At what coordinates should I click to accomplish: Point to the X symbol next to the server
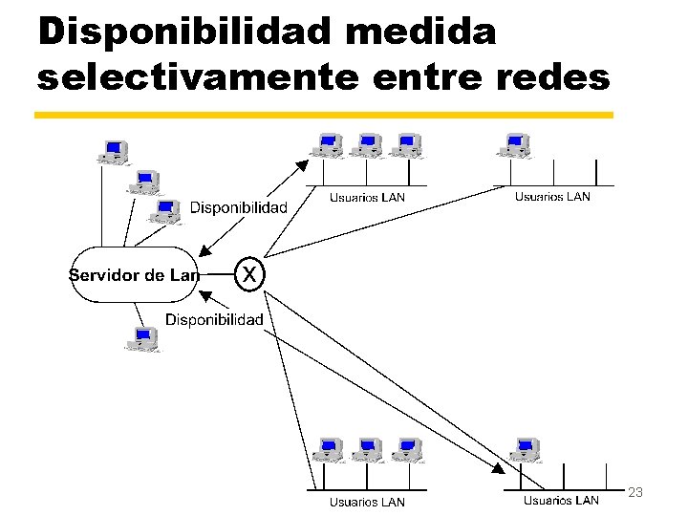point(249,274)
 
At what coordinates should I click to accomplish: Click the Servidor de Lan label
point(133,275)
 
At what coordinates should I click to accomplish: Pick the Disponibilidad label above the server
point(238,207)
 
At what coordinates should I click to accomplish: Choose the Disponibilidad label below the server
point(214,319)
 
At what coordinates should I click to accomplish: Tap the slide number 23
point(635,491)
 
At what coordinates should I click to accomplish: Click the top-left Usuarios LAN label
point(367,198)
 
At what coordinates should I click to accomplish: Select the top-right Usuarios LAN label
point(552,197)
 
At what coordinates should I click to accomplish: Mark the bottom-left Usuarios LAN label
point(367,502)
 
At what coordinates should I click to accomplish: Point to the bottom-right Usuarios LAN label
point(561,500)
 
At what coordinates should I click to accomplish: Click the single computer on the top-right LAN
point(517,145)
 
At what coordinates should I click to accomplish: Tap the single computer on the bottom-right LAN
point(525,449)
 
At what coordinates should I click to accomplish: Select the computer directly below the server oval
point(143,338)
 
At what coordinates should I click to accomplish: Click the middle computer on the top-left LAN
point(368,145)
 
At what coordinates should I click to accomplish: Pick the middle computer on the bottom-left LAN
point(368,449)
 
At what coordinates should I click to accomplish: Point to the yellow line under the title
point(324,115)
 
